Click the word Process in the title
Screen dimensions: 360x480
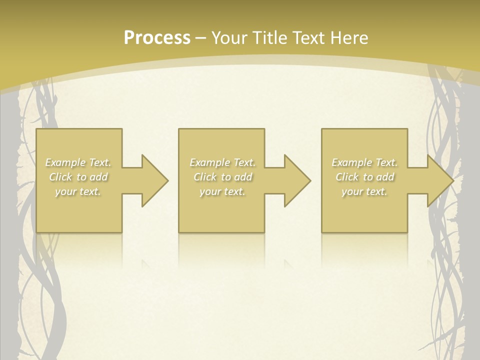pyautogui.click(x=157, y=38)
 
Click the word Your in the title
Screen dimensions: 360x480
pyautogui.click(x=227, y=38)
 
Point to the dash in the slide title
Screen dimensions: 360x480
pyautogui.click(x=200, y=38)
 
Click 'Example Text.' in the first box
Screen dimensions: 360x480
pyautogui.click(x=78, y=162)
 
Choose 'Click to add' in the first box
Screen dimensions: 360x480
pyautogui.click(x=78, y=177)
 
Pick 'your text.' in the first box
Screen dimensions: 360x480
pyautogui.click(x=78, y=191)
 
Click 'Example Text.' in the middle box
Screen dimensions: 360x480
pyautogui.click(x=222, y=162)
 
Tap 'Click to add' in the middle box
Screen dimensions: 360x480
pyautogui.click(x=222, y=177)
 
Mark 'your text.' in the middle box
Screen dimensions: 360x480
pyautogui.click(x=222, y=191)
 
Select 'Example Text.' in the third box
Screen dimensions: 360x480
pyautogui.click(x=364, y=162)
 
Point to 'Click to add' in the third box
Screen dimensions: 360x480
pyautogui.click(x=364, y=177)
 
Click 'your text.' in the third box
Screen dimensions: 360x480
pyautogui.click(x=364, y=191)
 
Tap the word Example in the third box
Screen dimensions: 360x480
pyautogui.click(x=352, y=162)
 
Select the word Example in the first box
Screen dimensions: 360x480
pyautogui.click(x=65, y=162)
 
